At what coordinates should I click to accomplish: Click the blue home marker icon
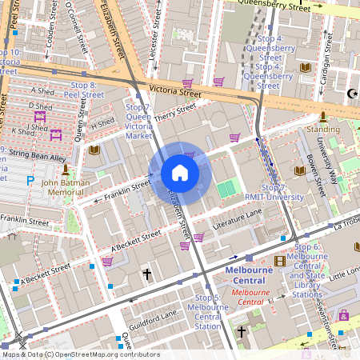coord(180,173)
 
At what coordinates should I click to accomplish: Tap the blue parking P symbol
coord(30,181)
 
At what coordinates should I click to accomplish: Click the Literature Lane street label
coord(237,215)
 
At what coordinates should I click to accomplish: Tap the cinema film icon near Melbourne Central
coord(279,260)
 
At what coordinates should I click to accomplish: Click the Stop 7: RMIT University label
coord(275,191)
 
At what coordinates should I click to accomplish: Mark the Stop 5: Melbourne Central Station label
coord(208,312)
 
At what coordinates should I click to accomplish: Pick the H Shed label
coord(103,123)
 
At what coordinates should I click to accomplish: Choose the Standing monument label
coord(323,128)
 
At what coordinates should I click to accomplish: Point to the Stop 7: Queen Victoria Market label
coord(138,122)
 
